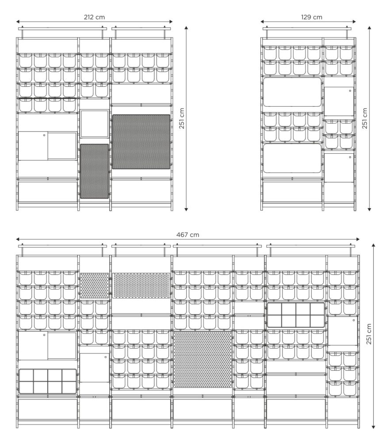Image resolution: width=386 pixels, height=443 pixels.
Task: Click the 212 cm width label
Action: pyautogui.click(x=94, y=17)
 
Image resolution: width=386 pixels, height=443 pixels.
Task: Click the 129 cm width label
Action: pyautogui.click(x=312, y=17)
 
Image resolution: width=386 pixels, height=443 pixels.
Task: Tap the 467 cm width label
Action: pyautogui.click(x=188, y=235)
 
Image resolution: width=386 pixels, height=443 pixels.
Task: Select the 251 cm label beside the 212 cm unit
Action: pyautogui.click(x=182, y=118)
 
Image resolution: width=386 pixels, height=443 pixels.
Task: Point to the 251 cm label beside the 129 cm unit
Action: pyautogui.click(x=365, y=118)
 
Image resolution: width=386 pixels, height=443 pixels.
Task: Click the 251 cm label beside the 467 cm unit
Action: pyautogui.click(x=369, y=334)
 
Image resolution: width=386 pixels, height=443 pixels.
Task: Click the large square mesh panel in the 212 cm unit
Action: pyautogui.click(x=141, y=142)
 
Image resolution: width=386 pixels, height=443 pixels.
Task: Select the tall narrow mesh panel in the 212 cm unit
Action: pyautogui.click(x=94, y=171)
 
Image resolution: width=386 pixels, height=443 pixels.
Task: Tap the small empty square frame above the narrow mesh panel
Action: pyautogui.click(x=94, y=124)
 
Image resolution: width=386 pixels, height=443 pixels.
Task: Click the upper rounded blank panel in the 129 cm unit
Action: pyautogui.click(x=292, y=92)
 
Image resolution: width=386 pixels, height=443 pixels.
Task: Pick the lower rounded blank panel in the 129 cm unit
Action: pyautogui.click(x=292, y=158)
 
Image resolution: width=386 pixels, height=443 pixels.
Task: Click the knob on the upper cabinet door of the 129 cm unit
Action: pyautogui.click(x=350, y=91)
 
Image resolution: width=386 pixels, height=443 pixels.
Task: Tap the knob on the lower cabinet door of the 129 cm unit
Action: pyautogui.click(x=350, y=157)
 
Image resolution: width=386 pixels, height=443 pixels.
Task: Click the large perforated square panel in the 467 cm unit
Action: pyautogui.click(x=203, y=360)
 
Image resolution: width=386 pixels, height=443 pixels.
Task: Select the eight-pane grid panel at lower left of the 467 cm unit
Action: pyautogui.click(x=48, y=381)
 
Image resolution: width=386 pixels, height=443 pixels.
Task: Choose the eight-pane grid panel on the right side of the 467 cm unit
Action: pyautogui.click(x=296, y=315)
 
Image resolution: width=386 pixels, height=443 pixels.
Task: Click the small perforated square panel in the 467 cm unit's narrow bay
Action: pyautogui.click(x=94, y=286)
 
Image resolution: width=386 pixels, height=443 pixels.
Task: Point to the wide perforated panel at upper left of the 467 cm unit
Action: pyautogui.click(x=141, y=286)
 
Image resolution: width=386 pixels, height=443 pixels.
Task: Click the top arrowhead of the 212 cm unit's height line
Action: pyautogui.click(x=186, y=28)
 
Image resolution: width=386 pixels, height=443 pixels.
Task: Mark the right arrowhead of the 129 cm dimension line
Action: pyautogui.click(x=354, y=21)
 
